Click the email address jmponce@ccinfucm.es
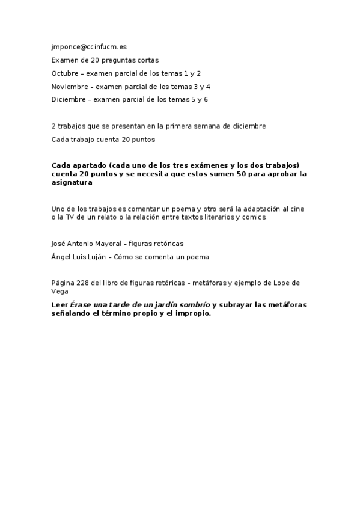coord(89,46)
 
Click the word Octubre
coord(65,73)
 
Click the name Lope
coord(285,283)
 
